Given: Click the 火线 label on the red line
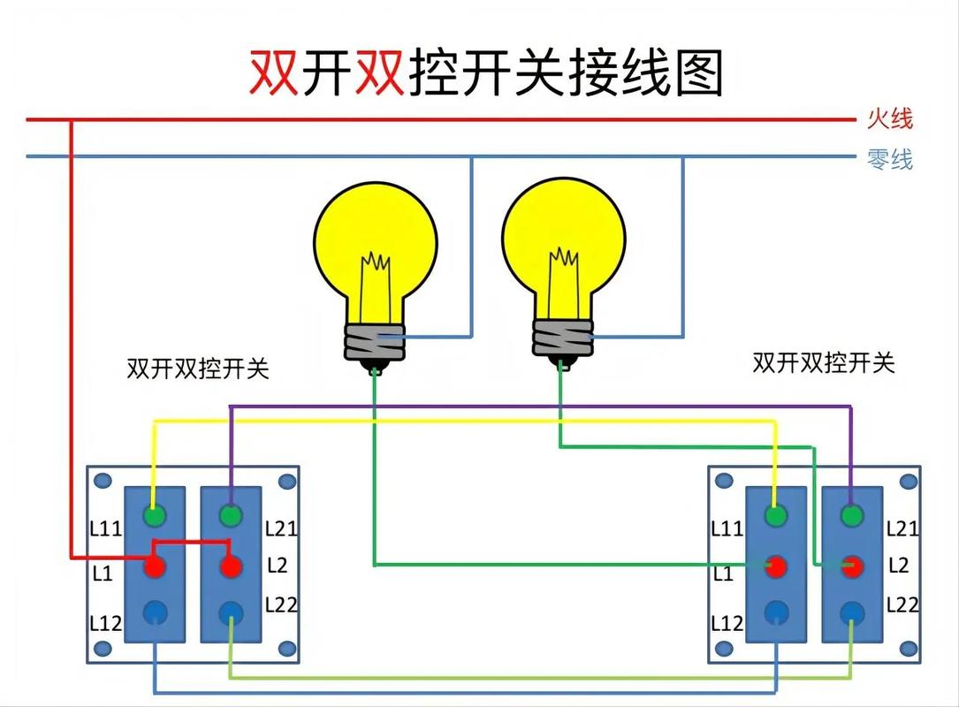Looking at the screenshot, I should click(889, 118).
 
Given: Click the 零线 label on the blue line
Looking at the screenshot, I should click(889, 159).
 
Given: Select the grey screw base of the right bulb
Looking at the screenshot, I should click(562, 336).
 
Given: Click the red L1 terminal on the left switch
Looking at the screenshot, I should click(155, 565).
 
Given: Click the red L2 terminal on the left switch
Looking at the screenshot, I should click(231, 565).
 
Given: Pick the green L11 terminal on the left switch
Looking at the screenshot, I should click(155, 515).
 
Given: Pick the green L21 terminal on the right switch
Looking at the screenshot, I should click(852, 515).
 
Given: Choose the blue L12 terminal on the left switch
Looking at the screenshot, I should click(155, 611).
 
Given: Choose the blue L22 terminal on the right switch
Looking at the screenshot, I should click(852, 611).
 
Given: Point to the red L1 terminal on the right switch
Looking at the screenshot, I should click(776, 566).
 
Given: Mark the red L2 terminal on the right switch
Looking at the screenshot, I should click(852, 566).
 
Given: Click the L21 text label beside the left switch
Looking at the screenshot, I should click(282, 528).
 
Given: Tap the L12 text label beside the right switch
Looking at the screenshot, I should click(727, 623).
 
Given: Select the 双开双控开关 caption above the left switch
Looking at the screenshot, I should click(198, 369).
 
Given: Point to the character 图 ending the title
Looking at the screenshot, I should click(697, 72).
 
